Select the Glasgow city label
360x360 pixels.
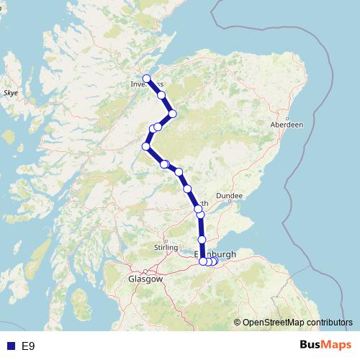click(x=145, y=278)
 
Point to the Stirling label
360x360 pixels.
click(x=166, y=248)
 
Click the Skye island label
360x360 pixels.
click(x=11, y=94)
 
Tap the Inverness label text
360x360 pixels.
click(x=147, y=84)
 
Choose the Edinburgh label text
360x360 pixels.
click(x=216, y=254)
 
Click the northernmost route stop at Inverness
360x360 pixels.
click(x=146, y=78)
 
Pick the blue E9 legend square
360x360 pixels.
click(x=10, y=346)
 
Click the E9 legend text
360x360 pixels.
click(x=28, y=346)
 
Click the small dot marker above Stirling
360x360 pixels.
click(x=166, y=240)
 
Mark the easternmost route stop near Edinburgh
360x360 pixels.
click(x=215, y=261)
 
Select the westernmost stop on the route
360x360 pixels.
click(x=146, y=147)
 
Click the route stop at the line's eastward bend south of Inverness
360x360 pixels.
click(x=172, y=114)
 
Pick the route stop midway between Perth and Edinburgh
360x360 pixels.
click(x=202, y=239)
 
